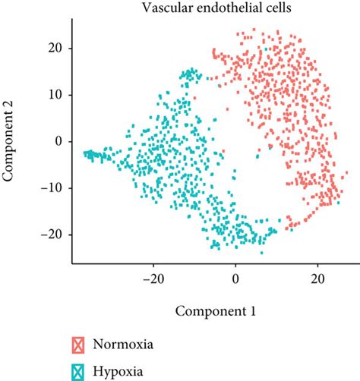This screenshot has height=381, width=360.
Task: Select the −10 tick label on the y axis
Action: coord(52,188)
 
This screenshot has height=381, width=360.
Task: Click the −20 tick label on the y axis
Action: coord(52,235)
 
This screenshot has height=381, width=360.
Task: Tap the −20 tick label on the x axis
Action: coord(153,279)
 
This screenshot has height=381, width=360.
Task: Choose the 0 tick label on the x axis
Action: coord(235,279)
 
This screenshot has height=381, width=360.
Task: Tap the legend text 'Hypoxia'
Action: coord(118,371)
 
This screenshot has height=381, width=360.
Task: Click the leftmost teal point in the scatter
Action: coord(85,153)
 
